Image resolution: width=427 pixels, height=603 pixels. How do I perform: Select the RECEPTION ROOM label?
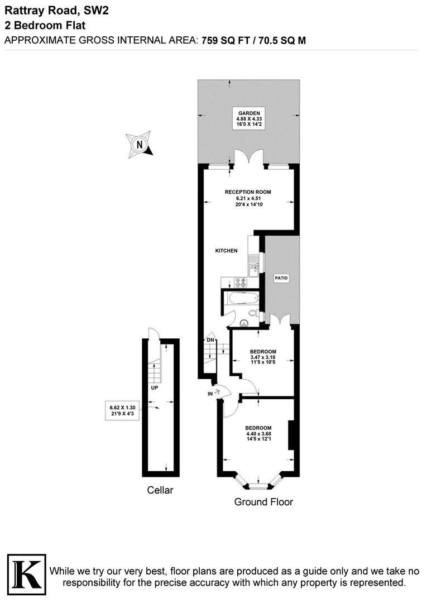[247, 198]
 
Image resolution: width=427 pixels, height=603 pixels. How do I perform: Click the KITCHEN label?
[227, 251]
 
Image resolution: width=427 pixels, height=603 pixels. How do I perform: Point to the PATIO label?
[281, 277]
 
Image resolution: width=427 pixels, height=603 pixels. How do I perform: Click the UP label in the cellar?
[152, 387]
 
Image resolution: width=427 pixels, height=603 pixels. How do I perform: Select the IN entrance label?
[210, 393]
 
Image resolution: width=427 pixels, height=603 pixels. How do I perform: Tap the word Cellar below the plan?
[160, 491]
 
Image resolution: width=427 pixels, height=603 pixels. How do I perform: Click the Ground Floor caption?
[263, 502]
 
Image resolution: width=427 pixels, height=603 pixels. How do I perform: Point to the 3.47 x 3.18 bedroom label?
[263, 357]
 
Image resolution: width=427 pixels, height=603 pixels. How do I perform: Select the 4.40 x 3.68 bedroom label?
[258, 434]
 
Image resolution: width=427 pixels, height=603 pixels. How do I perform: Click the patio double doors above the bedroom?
[277, 320]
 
